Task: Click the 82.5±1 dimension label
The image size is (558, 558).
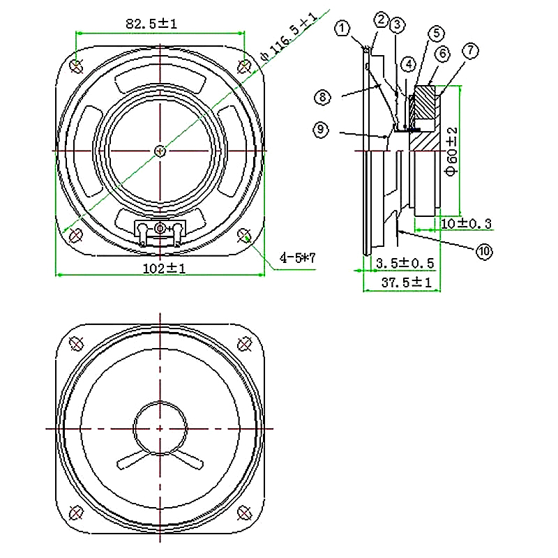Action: click(x=152, y=24)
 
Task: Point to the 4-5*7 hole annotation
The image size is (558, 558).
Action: click(x=298, y=258)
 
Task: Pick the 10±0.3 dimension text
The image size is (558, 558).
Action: click(x=467, y=224)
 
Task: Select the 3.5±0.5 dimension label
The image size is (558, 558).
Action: click(x=405, y=263)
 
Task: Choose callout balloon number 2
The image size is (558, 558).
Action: click(x=380, y=20)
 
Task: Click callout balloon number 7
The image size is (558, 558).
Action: click(x=471, y=51)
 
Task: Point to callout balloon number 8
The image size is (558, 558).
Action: click(x=322, y=97)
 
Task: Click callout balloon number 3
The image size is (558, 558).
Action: click(x=397, y=25)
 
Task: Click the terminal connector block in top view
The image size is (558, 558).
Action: click(x=160, y=233)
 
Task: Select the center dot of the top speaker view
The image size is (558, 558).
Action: click(x=160, y=150)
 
